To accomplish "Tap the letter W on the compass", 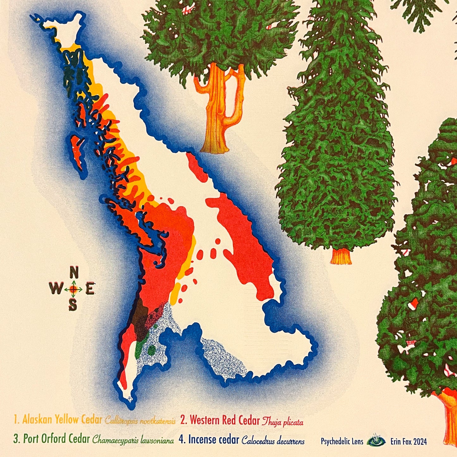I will [x=56, y=288].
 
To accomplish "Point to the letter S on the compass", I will [x=73, y=305].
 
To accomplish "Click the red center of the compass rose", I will [x=73, y=289].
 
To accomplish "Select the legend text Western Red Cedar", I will [x=220, y=421].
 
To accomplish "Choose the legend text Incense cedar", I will [x=209, y=440].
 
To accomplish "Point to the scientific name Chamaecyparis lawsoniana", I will [x=133, y=441].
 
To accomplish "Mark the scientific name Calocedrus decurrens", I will [x=273, y=441].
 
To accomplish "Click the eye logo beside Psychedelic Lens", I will [x=376, y=441].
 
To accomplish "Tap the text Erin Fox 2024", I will [x=409, y=441].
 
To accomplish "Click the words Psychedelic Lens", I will [x=342, y=441].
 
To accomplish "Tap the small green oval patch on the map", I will [x=152, y=350].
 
